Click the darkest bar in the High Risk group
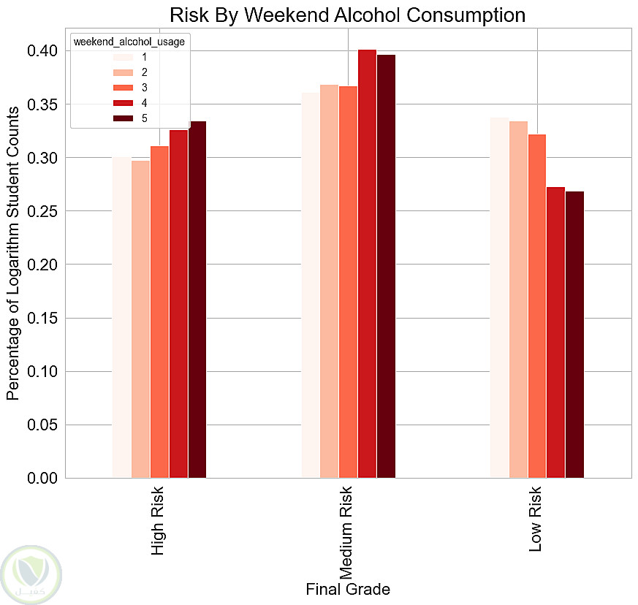197,300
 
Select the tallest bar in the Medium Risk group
367,264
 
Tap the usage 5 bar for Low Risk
574,335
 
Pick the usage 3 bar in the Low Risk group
537,306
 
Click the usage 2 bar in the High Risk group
141,319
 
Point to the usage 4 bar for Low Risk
556,332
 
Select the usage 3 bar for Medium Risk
349,282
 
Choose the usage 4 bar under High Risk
178,304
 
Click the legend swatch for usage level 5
123,118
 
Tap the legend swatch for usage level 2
123,72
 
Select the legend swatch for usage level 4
123,103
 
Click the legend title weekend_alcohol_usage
129,42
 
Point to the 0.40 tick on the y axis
42,51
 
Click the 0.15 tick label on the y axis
42,318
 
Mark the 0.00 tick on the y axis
42,478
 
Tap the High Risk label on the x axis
157,521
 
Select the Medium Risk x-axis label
346,533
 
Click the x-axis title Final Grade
348,589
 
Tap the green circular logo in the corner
31,575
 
